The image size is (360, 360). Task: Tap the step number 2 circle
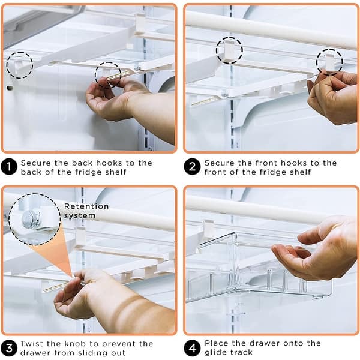[x=192, y=167]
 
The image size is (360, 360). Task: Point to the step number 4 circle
[x=192, y=347]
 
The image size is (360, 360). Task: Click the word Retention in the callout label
[x=86, y=206]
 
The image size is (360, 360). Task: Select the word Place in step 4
[x=217, y=344]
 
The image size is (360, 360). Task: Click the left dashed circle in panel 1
[x=20, y=64]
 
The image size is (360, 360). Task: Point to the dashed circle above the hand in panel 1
[x=108, y=74]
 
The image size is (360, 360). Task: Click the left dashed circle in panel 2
[x=229, y=50]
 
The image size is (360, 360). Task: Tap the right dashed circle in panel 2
[x=329, y=61]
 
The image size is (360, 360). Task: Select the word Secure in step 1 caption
[x=37, y=163]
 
